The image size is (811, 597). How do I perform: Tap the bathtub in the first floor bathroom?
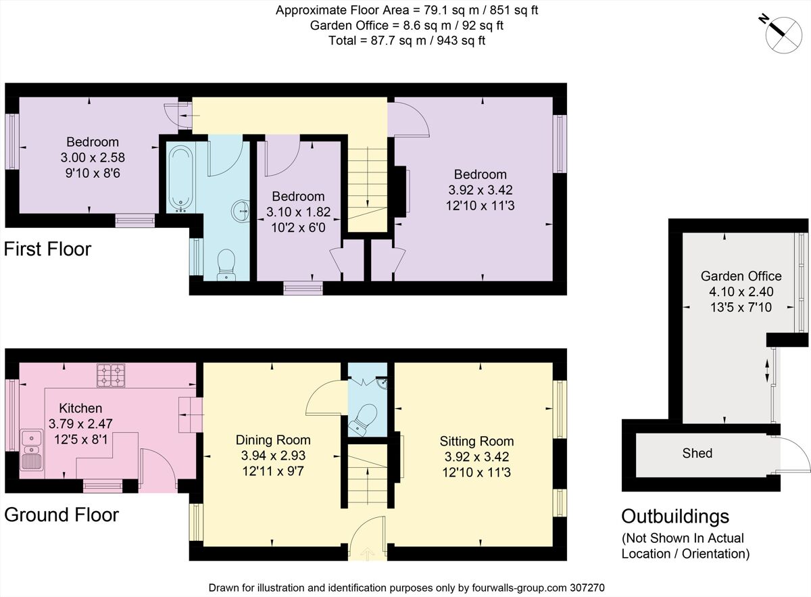[180, 179]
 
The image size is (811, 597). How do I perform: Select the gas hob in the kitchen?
[111, 375]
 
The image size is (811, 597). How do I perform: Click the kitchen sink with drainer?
[32, 450]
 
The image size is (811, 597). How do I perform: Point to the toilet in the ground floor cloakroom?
[363, 418]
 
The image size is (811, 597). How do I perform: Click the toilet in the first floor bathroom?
[226, 264]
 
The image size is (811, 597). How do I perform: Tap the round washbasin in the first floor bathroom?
[241, 211]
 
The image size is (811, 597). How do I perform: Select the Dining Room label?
[273, 439]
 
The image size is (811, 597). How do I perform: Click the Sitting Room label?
[477, 441]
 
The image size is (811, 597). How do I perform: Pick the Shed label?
[697, 453]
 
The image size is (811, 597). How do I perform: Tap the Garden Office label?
[741, 276]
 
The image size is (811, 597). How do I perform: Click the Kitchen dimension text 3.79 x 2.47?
[80, 423]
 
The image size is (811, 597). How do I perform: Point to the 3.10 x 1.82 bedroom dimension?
[298, 212]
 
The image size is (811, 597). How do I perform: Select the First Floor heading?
[47, 249]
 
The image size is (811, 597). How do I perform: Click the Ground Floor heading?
[62, 515]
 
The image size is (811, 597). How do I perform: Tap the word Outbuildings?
[675, 517]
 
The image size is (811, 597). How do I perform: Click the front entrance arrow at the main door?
[368, 553]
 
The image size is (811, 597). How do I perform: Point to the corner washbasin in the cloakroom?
[382, 383]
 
